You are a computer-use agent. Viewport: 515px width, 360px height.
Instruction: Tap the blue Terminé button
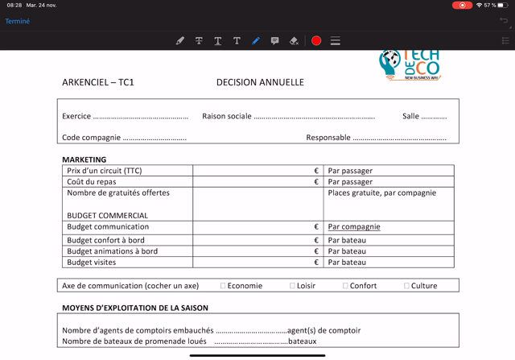18,22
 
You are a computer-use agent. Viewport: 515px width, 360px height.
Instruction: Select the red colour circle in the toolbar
316,41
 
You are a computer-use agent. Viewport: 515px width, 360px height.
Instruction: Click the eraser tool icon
294,41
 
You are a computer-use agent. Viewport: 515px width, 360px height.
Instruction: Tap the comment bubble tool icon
274,41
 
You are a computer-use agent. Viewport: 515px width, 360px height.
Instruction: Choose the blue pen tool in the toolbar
256,41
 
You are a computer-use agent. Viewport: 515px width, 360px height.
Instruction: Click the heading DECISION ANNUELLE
260,82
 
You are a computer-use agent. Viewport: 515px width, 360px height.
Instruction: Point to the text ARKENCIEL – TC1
98,82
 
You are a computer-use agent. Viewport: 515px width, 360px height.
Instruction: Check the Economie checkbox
223,286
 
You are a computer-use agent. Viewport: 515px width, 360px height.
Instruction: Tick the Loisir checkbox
293,286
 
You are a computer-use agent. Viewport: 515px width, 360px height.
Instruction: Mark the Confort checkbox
345,286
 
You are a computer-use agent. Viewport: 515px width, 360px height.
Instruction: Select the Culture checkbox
407,286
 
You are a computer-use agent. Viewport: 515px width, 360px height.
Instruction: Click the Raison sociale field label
227,116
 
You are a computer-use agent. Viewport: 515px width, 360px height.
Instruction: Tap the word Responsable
328,138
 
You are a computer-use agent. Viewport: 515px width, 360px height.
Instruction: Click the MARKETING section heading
84,159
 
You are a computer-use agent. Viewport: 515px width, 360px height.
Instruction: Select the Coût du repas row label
92,182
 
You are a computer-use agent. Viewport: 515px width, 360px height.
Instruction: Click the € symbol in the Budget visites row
316,263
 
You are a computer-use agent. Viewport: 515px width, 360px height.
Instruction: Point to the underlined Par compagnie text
354,227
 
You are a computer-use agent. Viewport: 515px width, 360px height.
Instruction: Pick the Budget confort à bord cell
106,240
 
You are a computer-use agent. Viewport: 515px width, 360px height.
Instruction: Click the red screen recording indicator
462,5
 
